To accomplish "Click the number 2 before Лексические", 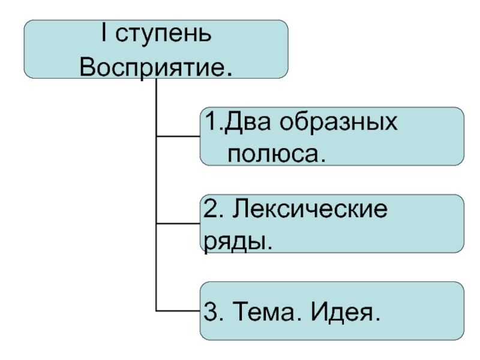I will pyautogui.click(x=211, y=212).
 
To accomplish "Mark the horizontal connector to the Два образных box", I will pyautogui.click(x=177, y=137).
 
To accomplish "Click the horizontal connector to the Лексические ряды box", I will pyautogui.click(x=177, y=224).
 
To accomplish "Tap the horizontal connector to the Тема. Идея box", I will pyautogui.click(x=177, y=311).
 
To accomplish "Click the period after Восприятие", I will pyautogui.click(x=231, y=73).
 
